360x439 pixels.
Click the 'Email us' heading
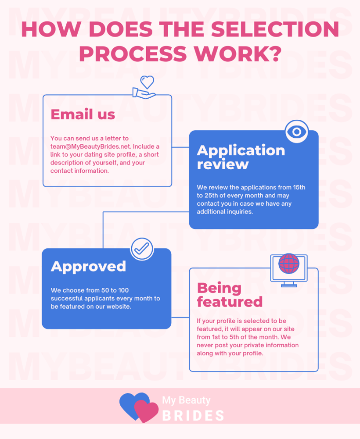83,114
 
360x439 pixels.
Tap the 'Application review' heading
241,157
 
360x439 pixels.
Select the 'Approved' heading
88,266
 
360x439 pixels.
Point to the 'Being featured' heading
230,295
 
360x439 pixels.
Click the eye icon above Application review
297,131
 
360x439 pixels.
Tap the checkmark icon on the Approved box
142,249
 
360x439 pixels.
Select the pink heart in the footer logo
146,411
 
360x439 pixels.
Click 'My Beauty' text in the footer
186,400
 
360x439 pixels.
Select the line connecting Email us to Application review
180,148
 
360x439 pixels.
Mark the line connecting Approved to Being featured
180,317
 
